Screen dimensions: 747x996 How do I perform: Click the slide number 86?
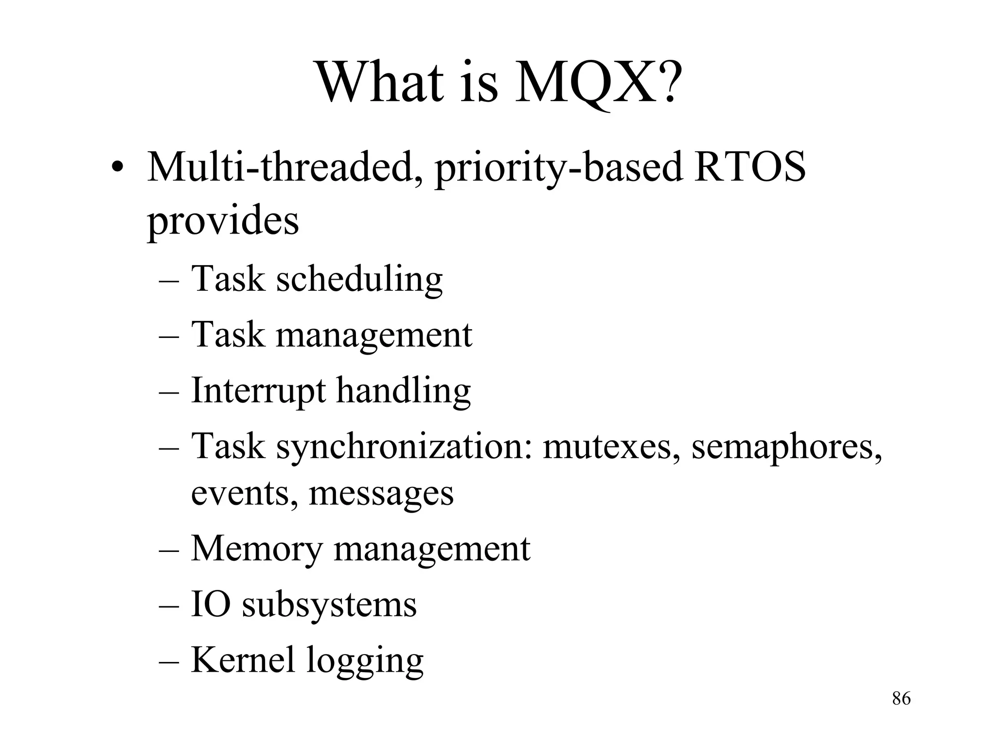pos(901,699)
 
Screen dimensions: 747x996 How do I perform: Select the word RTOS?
pos(749,167)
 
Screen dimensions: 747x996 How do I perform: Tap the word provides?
pos(223,222)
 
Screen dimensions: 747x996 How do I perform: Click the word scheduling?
pos(359,280)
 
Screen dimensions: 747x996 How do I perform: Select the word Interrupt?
pos(258,391)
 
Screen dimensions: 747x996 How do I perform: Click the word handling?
pos(404,392)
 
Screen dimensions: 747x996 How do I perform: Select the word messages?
pos(381,494)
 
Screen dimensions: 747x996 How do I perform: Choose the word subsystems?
pos(329,606)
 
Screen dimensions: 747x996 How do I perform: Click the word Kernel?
pos(243,660)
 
